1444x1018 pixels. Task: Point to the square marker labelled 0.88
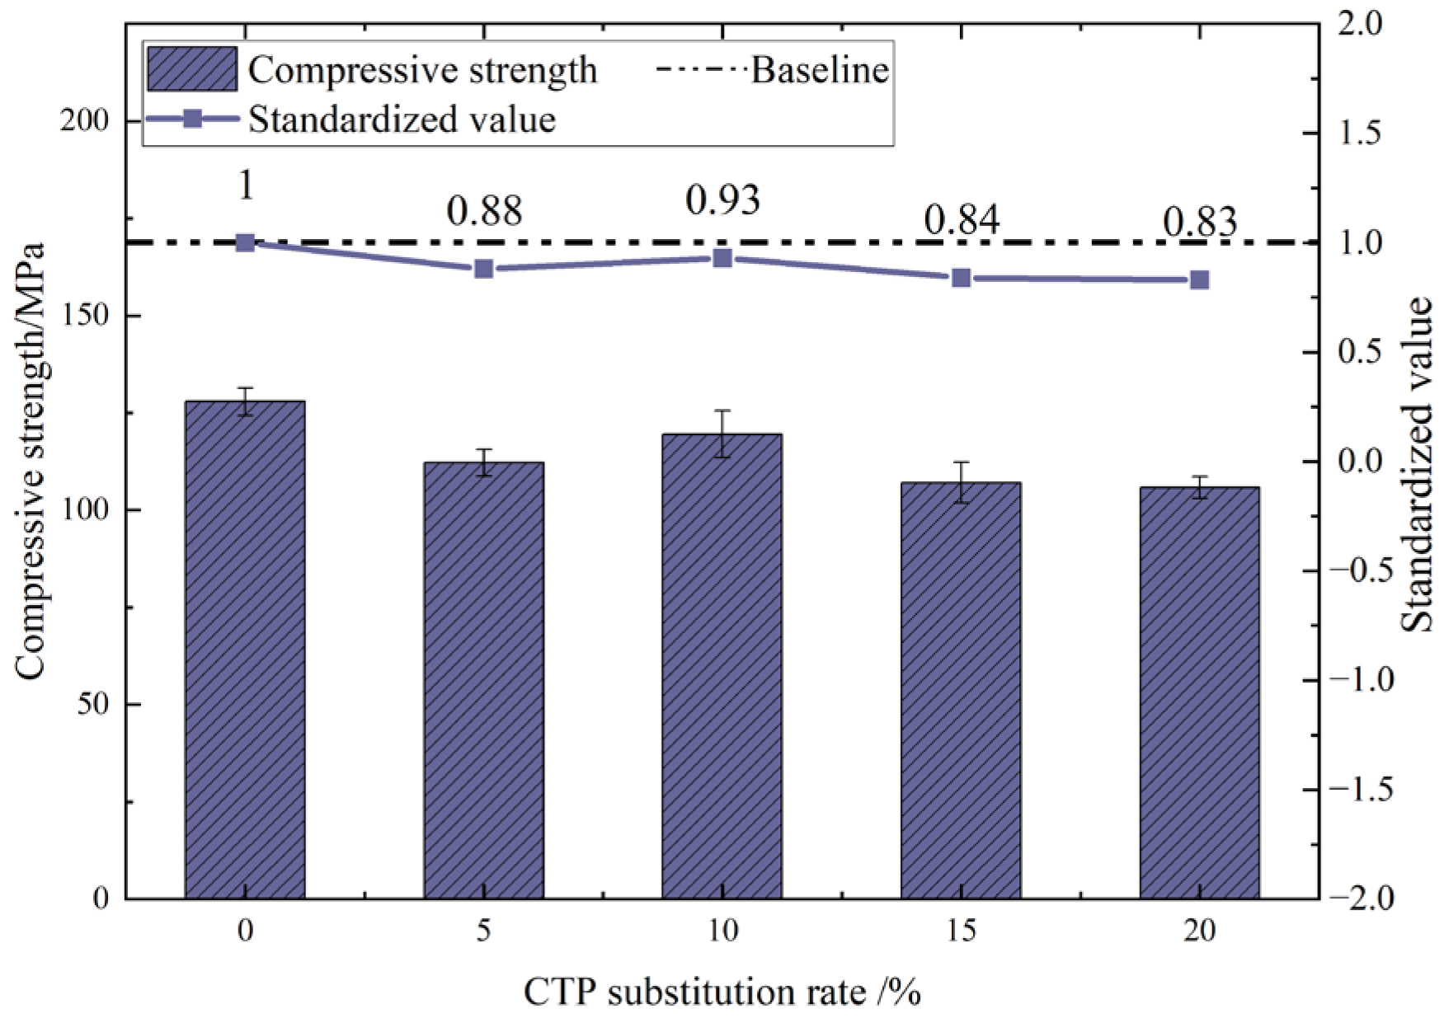point(484,269)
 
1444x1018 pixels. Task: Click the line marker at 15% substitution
point(961,278)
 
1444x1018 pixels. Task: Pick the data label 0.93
point(722,200)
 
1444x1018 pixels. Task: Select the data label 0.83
point(1200,222)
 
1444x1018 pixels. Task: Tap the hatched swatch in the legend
point(192,68)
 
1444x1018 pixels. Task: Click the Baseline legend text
point(819,70)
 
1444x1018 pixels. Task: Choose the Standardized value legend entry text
point(402,120)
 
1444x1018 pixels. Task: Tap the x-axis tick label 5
point(484,931)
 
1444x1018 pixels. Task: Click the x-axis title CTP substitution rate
point(722,992)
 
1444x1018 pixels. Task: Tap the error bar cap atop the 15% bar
point(961,462)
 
